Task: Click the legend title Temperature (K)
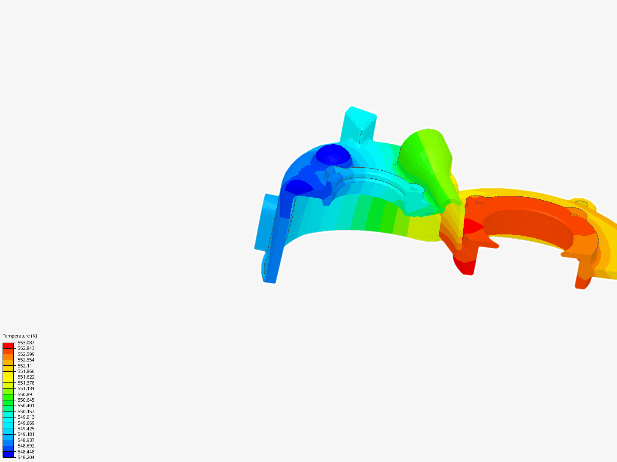[x=20, y=336]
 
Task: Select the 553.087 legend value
[x=26, y=343]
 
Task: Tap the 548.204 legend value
[x=26, y=457]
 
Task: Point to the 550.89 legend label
[x=24, y=394]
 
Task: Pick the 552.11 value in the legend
[x=24, y=366]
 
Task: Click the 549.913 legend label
[x=26, y=417]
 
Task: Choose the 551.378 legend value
[x=26, y=383]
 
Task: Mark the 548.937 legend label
[x=26, y=440]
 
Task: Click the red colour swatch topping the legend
[x=8, y=345]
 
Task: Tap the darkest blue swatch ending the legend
[x=8, y=454]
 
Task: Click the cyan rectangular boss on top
[x=360, y=124]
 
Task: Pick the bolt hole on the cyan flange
[x=413, y=188]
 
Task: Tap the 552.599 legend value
[x=26, y=354]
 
